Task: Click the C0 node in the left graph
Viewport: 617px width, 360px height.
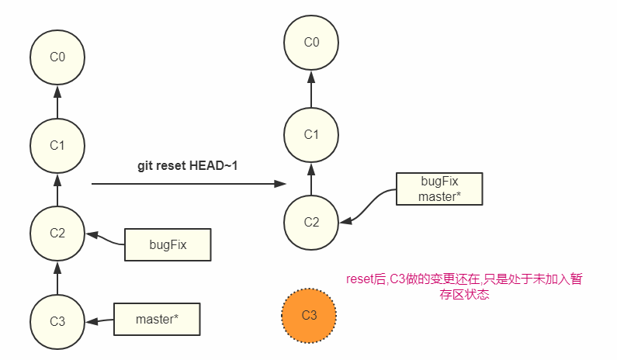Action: pos(57,57)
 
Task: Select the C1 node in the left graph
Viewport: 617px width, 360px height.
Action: pos(57,145)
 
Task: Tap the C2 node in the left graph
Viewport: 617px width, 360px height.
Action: pos(57,234)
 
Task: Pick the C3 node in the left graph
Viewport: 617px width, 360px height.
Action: pos(57,321)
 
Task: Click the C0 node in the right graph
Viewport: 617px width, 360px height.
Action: pos(311,43)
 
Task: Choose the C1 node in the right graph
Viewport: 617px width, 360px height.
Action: pos(311,134)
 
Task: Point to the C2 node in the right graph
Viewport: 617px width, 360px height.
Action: pos(311,222)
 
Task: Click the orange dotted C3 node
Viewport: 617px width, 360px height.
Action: pos(309,315)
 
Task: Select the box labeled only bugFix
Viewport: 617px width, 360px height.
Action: pos(168,244)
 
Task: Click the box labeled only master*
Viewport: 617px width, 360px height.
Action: pos(157,319)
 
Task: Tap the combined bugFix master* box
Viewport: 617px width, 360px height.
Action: pos(439,189)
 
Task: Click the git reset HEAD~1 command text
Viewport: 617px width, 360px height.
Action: pos(187,167)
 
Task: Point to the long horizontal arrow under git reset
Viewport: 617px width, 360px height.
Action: pos(186,184)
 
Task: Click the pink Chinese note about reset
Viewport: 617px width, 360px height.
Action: pos(463,287)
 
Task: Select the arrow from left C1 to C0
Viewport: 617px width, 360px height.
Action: pos(57,101)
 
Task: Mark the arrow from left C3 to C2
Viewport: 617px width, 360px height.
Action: pos(57,278)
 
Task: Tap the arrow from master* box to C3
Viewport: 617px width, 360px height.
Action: pos(100,320)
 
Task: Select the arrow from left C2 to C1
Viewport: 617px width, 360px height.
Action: pos(57,189)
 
